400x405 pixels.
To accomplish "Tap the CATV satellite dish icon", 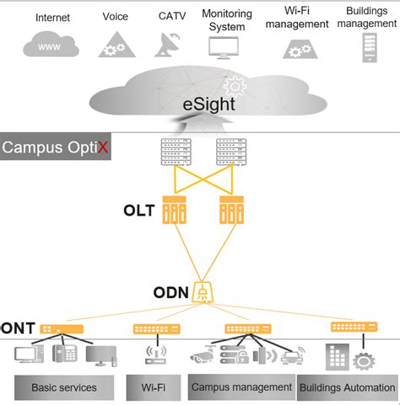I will (x=167, y=43).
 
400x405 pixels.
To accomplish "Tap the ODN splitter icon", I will (x=203, y=291).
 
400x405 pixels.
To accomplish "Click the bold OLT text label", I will (x=138, y=210).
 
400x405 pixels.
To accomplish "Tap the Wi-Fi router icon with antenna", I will (x=154, y=354).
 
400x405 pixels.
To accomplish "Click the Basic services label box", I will (x=63, y=387).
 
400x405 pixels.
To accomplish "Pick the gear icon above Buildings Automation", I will (x=364, y=360).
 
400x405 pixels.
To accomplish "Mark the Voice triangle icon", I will (x=114, y=44).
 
